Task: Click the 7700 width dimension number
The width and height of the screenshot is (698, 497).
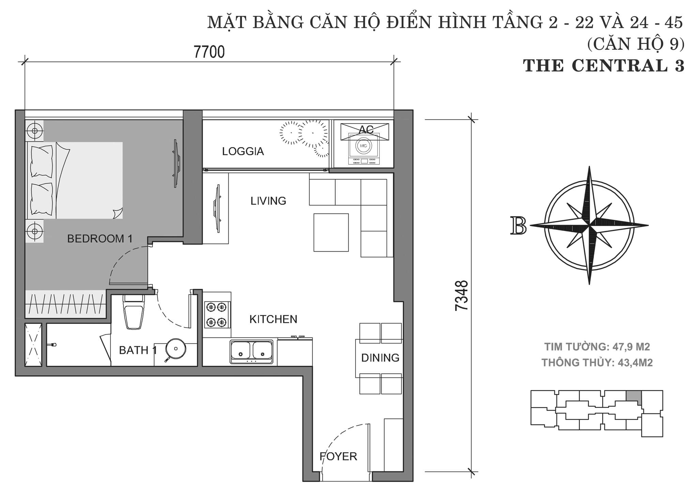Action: (209, 52)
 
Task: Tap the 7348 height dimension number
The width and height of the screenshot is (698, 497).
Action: (462, 295)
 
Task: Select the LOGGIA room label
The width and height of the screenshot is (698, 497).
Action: (243, 151)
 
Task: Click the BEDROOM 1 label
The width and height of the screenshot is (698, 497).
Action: (100, 239)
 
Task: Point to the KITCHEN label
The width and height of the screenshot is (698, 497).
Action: (273, 319)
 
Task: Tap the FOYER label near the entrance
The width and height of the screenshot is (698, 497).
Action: (338, 456)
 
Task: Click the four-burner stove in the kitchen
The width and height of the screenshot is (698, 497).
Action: (217, 315)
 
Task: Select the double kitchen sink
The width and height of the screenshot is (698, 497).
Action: (252, 351)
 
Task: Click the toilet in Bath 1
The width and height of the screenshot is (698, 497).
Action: (134, 312)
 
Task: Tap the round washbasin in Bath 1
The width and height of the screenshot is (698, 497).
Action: (176, 348)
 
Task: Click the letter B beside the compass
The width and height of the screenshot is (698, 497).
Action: (518, 226)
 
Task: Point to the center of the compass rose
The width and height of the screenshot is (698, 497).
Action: (589, 225)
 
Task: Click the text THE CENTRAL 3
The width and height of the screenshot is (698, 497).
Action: (604, 66)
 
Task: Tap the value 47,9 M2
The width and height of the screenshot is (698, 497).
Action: (631, 347)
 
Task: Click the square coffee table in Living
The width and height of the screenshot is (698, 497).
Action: (331, 232)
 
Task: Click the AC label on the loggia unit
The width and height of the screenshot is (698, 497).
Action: (366, 129)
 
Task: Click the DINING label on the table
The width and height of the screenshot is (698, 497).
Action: (380, 358)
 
